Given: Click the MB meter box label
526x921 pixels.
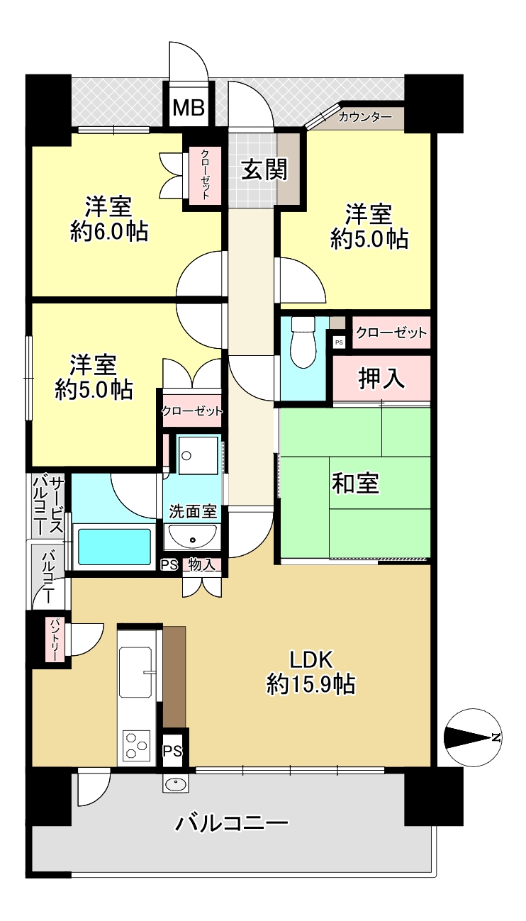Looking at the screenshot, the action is pyautogui.click(x=189, y=108).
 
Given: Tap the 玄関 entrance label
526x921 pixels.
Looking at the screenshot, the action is pyautogui.click(x=264, y=169).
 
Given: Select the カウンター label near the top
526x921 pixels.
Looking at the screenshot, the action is pyautogui.click(x=365, y=118).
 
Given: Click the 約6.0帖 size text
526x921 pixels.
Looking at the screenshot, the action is pyautogui.click(x=109, y=233).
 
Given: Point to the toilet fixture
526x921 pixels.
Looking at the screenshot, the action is pyautogui.click(x=303, y=342).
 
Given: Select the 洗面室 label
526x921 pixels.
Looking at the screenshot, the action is pyautogui.click(x=193, y=511).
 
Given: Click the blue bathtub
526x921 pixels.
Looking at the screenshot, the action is pyautogui.click(x=114, y=547).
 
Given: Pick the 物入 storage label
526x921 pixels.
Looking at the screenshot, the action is pyautogui.click(x=202, y=564).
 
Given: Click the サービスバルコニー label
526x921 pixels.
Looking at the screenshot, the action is pyautogui.click(x=48, y=506).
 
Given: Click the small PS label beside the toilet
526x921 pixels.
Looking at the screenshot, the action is pyautogui.click(x=339, y=342).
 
